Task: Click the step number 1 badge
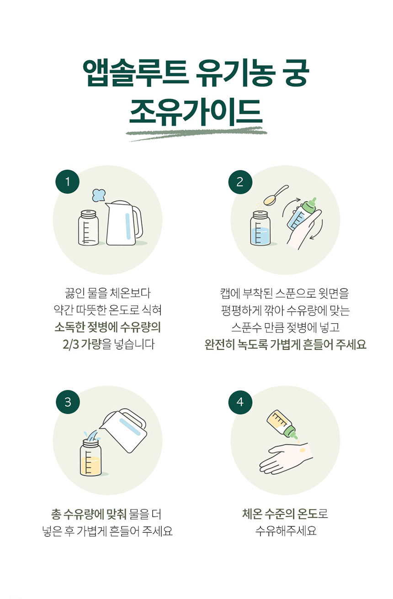[x=68, y=182]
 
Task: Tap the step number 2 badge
[x=240, y=182]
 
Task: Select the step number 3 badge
[x=68, y=402]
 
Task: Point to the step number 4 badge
[x=240, y=402]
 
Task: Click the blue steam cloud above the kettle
[x=99, y=195]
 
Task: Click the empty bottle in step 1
[x=88, y=228]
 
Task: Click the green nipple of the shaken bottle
[x=311, y=205]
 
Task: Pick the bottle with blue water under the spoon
[x=260, y=228]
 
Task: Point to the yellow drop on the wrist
[x=303, y=450]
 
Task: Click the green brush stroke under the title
[x=197, y=133]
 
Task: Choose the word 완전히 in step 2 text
[x=220, y=344]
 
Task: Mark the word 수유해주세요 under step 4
[x=286, y=531]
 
